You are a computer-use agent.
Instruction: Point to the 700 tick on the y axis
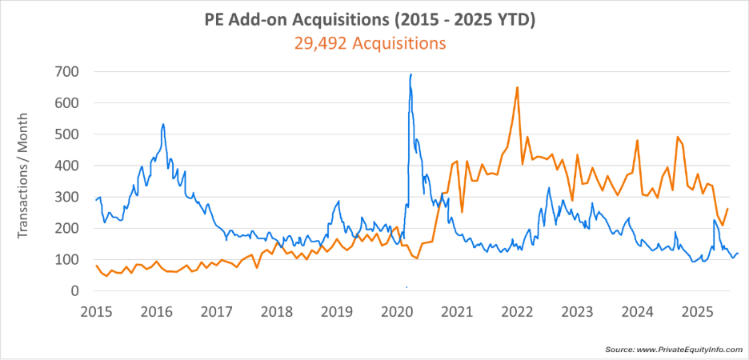coord(67,72)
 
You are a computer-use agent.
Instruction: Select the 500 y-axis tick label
coord(67,134)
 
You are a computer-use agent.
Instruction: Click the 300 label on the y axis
coord(67,197)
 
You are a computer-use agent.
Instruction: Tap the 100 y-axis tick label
coord(67,260)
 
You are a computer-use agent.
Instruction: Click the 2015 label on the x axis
coord(96,310)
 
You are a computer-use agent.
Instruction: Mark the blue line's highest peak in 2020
coord(411,74)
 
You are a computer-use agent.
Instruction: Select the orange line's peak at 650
coord(518,87)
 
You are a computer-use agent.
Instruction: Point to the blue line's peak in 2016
coord(163,125)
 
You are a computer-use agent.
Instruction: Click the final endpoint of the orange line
coord(727,209)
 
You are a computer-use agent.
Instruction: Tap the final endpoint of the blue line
coord(738,254)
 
